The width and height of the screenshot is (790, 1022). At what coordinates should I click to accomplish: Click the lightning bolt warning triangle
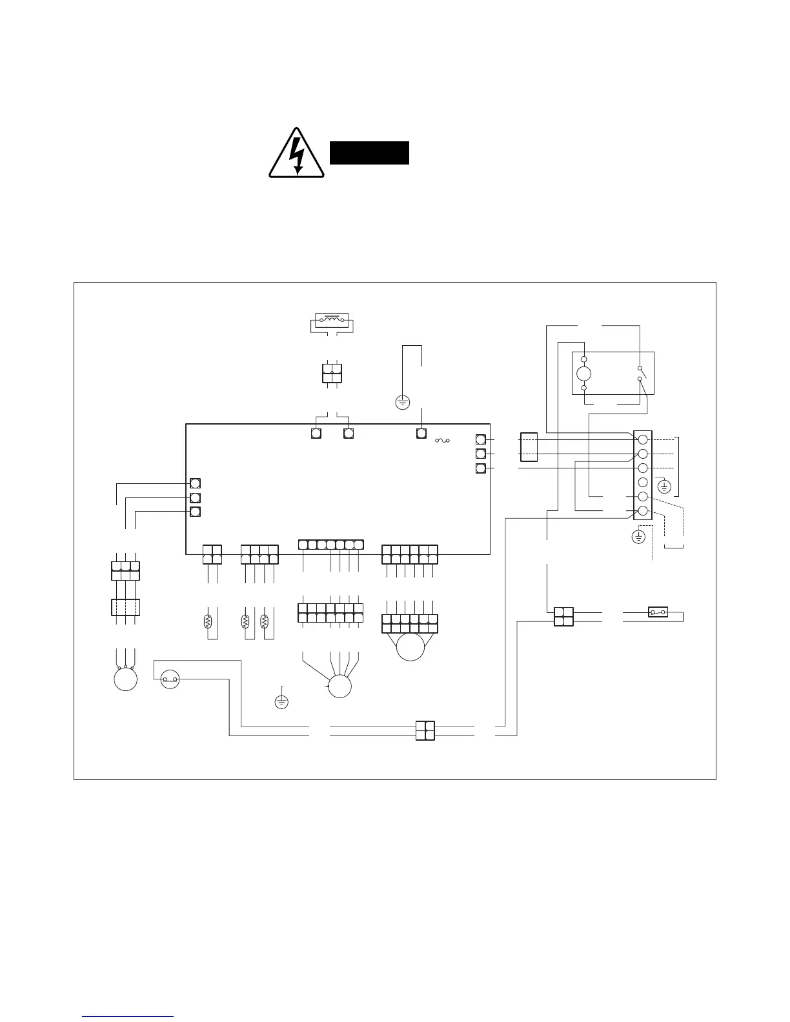296,154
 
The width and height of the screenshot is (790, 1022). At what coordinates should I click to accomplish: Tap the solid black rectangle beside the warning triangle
369,153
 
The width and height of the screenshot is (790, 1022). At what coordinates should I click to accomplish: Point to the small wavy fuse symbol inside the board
443,441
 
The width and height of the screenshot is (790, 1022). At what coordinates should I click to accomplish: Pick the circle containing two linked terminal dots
170,679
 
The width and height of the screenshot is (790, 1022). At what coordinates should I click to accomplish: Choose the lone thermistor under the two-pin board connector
208,622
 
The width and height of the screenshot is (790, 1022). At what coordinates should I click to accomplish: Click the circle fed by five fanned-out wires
339,686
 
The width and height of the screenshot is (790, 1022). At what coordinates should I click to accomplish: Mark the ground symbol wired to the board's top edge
402,403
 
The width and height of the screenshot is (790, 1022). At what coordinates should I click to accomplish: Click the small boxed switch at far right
657,612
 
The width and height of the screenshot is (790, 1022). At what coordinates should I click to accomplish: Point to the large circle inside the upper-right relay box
583,373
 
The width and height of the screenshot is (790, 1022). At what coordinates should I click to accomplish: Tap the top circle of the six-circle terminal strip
643,440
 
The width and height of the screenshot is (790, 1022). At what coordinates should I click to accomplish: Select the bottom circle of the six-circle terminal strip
643,512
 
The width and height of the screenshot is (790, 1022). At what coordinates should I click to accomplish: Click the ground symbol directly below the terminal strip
638,537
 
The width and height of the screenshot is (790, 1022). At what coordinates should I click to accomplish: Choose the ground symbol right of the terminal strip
665,486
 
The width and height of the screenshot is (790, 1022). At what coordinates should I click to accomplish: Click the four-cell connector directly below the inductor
332,374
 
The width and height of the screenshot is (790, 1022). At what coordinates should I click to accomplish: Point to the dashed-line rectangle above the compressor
125,608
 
